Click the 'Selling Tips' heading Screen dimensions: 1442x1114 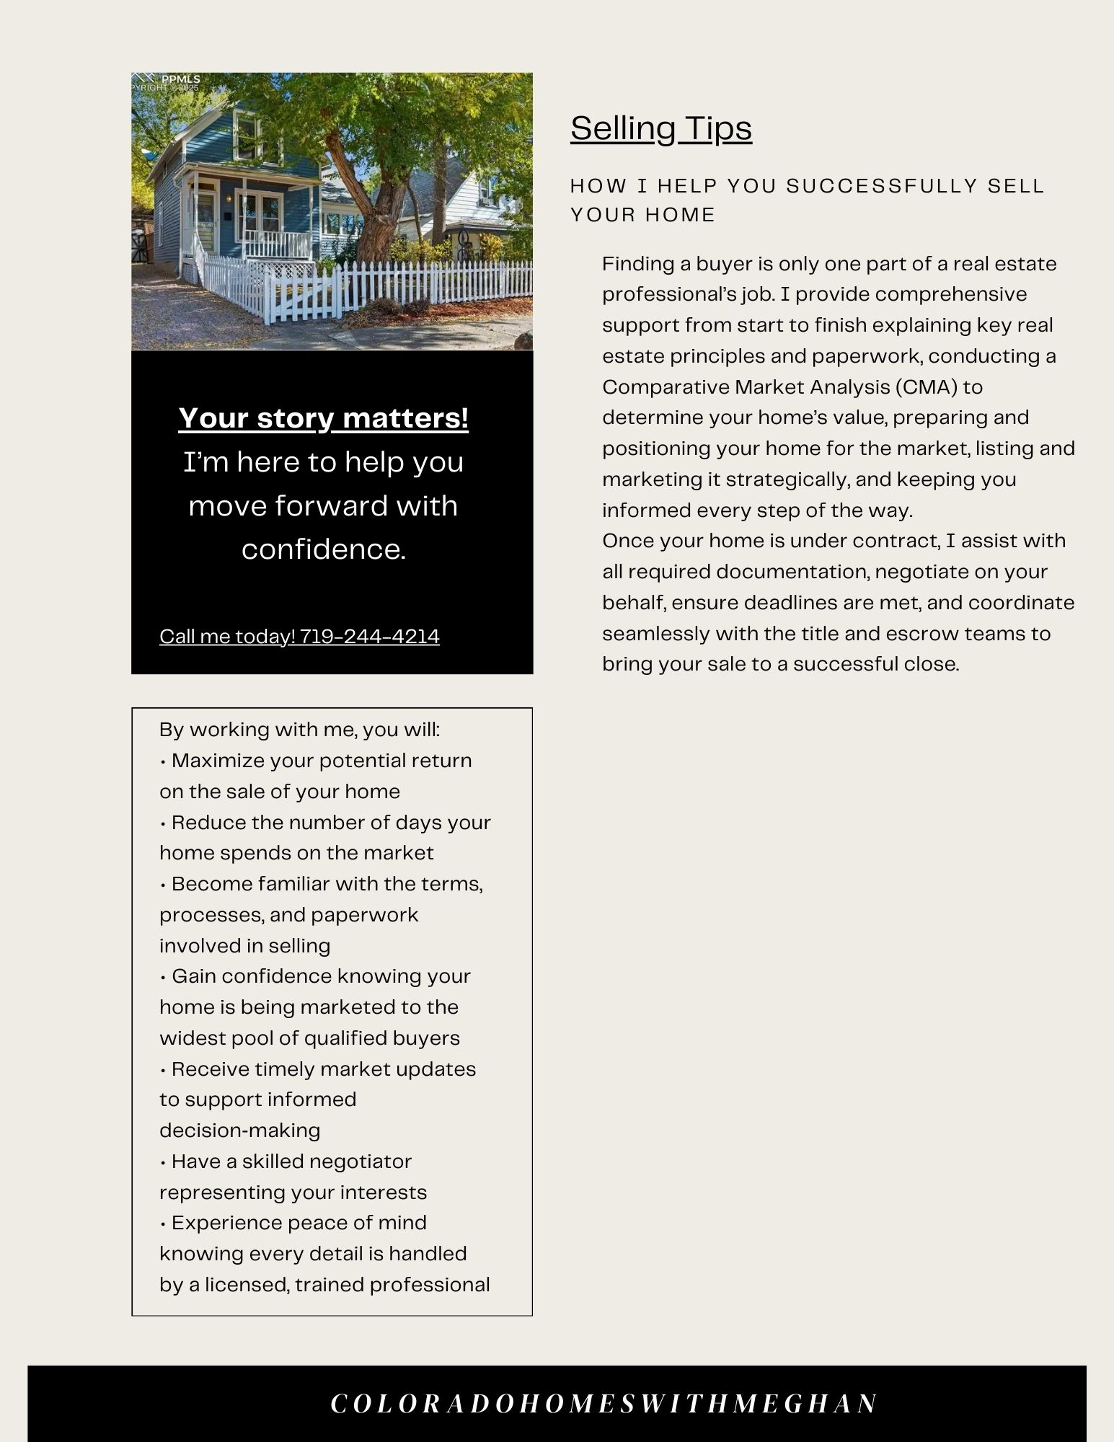pyautogui.click(x=660, y=129)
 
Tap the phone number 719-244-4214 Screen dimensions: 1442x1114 pyautogui.click(x=369, y=637)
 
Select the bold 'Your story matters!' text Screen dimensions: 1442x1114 pyautogui.click(x=323, y=418)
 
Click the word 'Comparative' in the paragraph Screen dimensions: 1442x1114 pyautogui.click(x=666, y=387)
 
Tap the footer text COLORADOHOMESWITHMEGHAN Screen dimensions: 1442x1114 pyautogui.click(x=604, y=1403)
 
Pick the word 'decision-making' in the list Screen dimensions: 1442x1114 pyautogui.click(x=239, y=1131)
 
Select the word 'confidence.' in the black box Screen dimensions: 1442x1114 pyautogui.click(x=323, y=549)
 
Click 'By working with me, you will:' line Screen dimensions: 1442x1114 pyautogui.click(x=299, y=730)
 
